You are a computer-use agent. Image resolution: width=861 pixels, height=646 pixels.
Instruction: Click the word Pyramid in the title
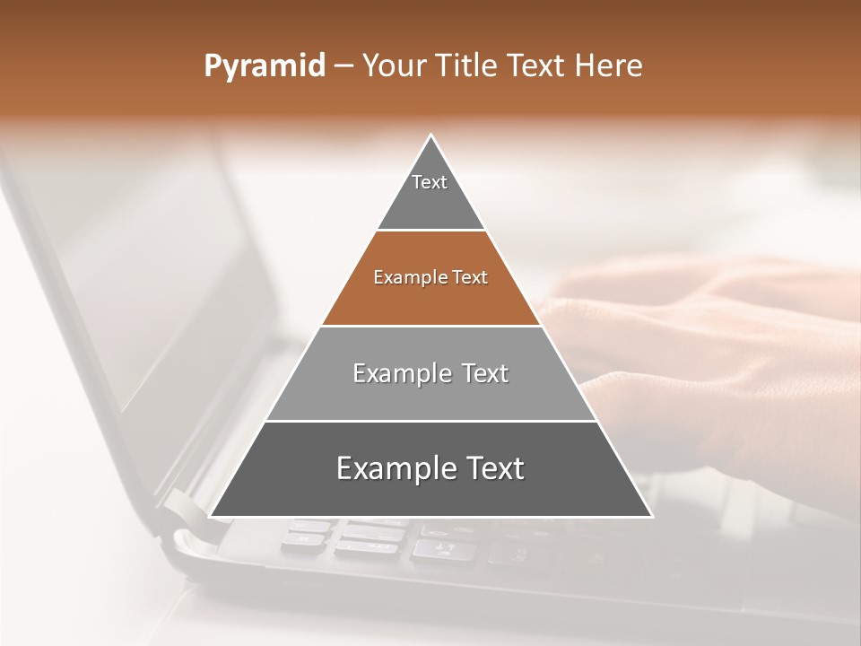click(x=264, y=66)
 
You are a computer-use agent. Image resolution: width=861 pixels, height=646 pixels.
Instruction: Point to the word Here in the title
click(x=609, y=66)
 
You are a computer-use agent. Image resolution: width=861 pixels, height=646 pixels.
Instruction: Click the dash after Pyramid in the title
click(x=343, y=66)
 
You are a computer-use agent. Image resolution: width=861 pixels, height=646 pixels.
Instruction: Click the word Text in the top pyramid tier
click(x=430, y=182)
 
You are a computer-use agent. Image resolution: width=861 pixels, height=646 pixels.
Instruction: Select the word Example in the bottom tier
click(x=396, y=468)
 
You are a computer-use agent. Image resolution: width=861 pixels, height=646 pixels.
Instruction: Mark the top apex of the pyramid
click(x=431, y=135)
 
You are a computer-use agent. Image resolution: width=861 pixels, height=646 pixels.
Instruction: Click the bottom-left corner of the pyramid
click(x=211, y=516)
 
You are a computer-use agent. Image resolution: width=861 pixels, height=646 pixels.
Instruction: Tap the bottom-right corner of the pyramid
click(x=651, y=516)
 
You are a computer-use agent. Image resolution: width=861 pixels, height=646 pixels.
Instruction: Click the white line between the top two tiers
click(x=431, y=231)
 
